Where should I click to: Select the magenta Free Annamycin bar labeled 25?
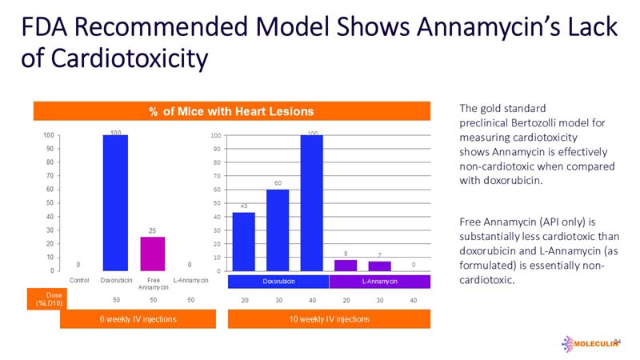click(152, 254)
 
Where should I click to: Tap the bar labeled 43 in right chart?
click(243, 241)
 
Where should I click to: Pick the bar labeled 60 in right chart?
click(278, 230)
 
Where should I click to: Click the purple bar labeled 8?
click(346, 266)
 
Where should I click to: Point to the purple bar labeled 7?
click(380, 266)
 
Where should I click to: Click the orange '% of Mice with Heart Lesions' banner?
click(231, 110)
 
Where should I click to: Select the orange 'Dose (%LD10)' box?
click(46, 298)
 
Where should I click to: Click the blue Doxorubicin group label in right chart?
click(278, 282)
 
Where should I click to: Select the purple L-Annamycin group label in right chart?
click(380, 282)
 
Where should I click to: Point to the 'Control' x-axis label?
click(79, 280)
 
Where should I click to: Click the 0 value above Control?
click(78, 264)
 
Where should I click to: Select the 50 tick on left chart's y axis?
click(50, 202)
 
